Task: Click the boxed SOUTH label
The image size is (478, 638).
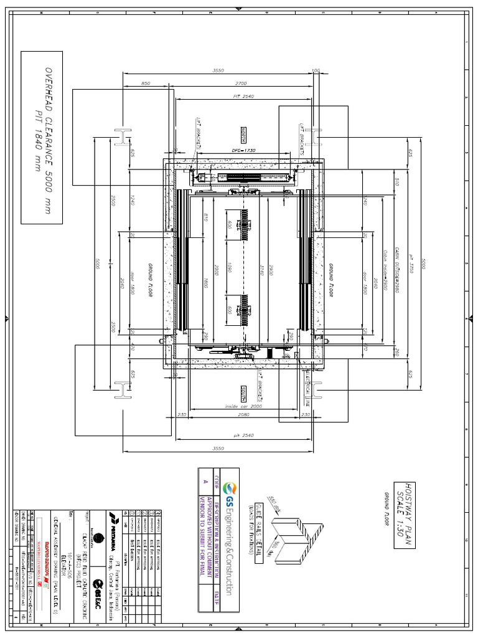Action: (x=245, y=394)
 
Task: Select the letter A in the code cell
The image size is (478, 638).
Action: (x=205, y=480)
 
